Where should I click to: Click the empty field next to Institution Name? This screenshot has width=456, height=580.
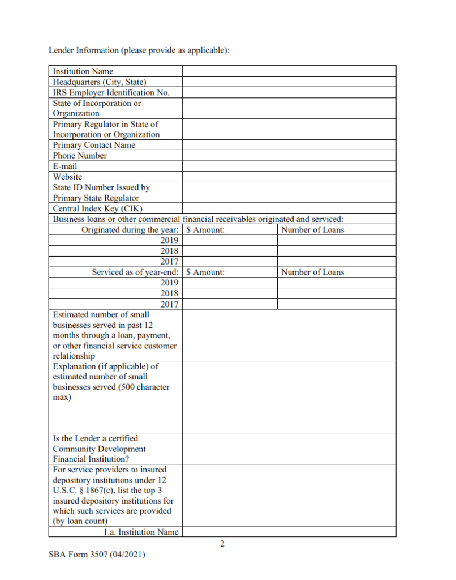(x=289, y=71)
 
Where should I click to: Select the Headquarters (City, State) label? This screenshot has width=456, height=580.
(x=99, y=82)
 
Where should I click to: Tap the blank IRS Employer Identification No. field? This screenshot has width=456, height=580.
(x=289, y=92)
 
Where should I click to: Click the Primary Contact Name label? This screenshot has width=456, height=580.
(x=94, y=145)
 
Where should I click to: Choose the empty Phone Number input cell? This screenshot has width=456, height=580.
(x=289, y=156)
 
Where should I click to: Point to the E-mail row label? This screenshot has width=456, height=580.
(x=65, y=167)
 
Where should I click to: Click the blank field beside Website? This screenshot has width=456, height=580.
(x=289, y=177)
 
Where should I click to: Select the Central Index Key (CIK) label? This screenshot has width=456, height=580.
(x=93, y=208)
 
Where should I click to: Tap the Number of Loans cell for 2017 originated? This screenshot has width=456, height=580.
(x=336, y=262)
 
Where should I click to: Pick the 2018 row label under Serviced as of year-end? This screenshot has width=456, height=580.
(x=170, y=293)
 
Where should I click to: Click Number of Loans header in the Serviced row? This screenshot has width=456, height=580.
(x=312, y=272)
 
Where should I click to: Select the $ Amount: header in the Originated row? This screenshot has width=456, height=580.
(x=205, y=230)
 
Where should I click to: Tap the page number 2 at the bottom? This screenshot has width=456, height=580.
(x=222, y=544)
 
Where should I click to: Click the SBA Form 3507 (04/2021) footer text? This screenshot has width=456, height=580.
(x=97, y=556)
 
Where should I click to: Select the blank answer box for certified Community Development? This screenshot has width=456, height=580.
(x=289, y=449)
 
